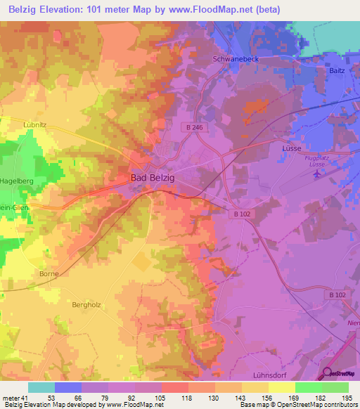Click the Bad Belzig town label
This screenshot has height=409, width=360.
(152, 178)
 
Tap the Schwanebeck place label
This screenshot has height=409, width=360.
(236, 59)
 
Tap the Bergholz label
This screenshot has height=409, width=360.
(88, 304)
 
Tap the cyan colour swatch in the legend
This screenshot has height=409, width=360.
(41, 387)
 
